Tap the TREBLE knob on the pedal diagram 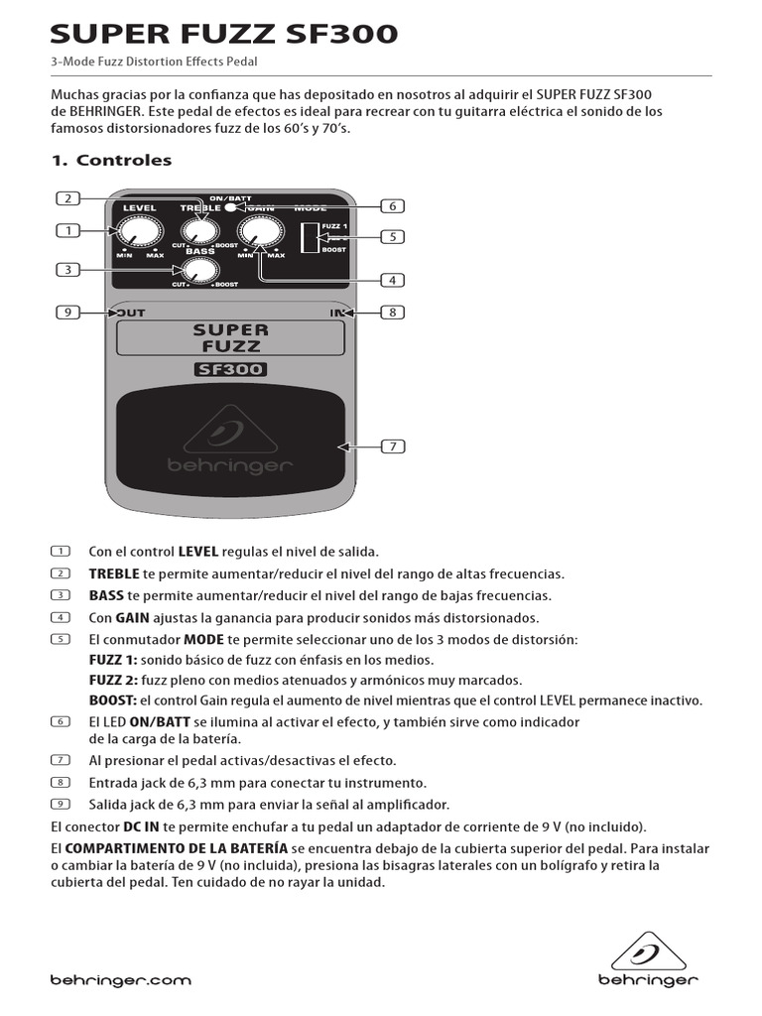tap(200, 230)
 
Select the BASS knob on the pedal tap(200, 269)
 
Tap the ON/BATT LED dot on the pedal tap(230, 206)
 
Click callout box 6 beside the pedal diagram tap(393, 206)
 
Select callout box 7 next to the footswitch tap(393, 446)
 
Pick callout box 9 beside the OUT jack tap(67, 313)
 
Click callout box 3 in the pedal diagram tap(67, 269)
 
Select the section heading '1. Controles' tap(111, 160)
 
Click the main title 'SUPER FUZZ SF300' tap(224, 35)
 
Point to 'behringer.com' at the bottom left tap(120, 980)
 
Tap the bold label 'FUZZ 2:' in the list tap(113, 680)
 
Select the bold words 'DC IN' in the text tap(142, 825)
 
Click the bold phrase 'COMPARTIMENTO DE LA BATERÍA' tap(177, 848)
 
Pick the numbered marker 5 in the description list tap(60, 639)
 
